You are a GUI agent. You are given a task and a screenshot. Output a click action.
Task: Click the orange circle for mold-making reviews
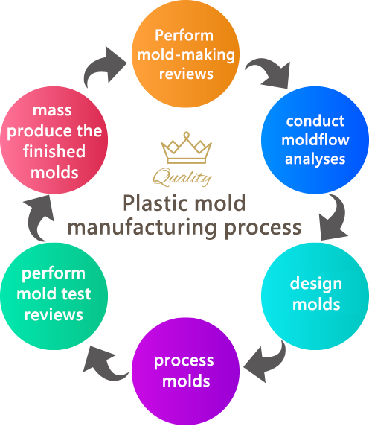(x=185, y=54)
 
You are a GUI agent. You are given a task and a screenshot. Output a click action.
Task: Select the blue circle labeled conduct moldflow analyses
(x=315, y=140)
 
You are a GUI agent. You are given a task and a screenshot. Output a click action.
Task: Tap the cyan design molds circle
(x=315, y=296)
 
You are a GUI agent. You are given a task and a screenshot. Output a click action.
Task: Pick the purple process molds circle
(x=185, y=371)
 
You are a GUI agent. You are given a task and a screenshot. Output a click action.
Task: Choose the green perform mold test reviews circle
(x=54, y=296)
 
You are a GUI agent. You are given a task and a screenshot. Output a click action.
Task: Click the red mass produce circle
(x=54, y=140)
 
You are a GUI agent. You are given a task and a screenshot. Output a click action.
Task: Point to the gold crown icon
(x=187, y=147)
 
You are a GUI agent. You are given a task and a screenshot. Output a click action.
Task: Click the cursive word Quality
(x=182, y=177)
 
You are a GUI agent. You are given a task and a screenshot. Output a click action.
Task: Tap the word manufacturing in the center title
(x=142, y=228)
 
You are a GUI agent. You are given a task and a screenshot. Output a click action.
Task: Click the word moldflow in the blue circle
(x=315, y=140)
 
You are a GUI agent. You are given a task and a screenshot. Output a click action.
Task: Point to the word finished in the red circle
(x=54, y=151)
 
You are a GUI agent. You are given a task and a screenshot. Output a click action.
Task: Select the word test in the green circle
(x=76, y=294)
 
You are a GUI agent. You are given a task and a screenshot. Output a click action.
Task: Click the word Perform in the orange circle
(x=184, y=36)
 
